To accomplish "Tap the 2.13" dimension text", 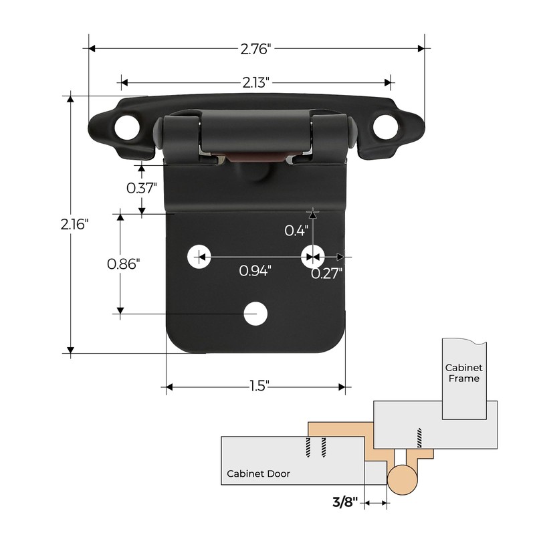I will (x=255, y=83).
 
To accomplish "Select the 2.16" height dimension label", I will (x=74, y=224).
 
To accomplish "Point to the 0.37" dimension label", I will (x=142, y=188).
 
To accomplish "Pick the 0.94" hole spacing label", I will (x=255, y=271).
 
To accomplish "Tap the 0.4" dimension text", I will (x=296, y=231).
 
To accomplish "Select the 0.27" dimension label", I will (x=327, y=272).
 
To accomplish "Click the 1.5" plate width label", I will (x=255, y=386).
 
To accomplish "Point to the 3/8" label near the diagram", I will (x=345, y=501).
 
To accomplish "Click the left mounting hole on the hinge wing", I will (x=124, y=126).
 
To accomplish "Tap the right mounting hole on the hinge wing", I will (x=386, y=126).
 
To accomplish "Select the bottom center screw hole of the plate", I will (x=254, y=313).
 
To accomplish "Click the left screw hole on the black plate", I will (x=199, y=255).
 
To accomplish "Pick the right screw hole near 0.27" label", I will (x=312, y=255).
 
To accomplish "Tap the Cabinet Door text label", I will (x=258, y=473).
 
